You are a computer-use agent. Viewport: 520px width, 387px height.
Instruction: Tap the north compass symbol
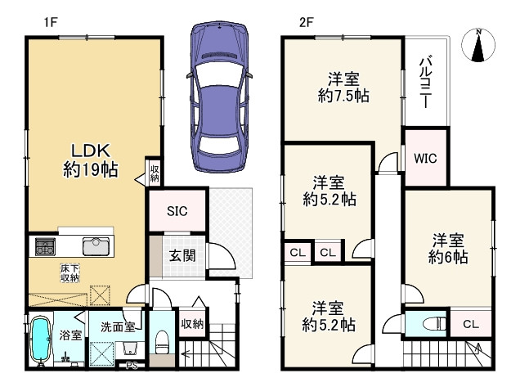click(478, 45)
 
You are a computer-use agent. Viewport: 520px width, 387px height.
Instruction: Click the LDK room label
click(91, 151)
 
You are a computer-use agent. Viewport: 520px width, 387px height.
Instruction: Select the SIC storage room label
click(177, 211)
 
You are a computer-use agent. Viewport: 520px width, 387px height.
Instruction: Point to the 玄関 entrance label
click(182, 255)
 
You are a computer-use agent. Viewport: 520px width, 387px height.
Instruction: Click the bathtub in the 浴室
click(41, 340)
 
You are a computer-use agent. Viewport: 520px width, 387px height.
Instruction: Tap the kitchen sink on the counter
click(96, 246)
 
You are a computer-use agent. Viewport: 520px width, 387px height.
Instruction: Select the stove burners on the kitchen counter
click(43, 246)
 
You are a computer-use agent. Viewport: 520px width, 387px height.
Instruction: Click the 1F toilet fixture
click(162, 342)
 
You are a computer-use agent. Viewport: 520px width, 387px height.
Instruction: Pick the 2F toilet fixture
click(435, 323)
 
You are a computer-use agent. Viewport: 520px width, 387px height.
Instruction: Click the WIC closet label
click(425, 159)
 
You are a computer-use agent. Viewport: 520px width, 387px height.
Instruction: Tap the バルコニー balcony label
click(426, 83)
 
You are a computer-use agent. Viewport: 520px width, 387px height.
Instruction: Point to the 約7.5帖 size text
click(343, 96)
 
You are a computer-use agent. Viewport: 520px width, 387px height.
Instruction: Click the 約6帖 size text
click(448, 257)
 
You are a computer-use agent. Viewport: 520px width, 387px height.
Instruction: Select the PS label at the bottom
click(132, 366)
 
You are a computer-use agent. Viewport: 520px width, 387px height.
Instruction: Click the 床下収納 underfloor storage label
click(70, 272)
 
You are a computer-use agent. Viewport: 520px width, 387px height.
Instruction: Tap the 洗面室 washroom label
click(118, 327)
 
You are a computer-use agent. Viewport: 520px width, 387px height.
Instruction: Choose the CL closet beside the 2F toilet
click(471, 324)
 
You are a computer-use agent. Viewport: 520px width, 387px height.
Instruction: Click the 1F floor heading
click(51, 23)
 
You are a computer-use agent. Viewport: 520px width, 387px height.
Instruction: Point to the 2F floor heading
click(307, 23)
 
